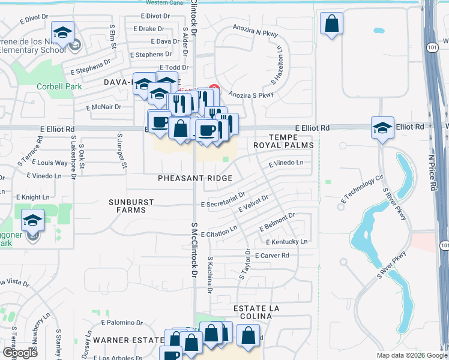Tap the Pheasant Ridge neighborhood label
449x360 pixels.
click(190, 178)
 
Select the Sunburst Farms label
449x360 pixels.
click(131, 206)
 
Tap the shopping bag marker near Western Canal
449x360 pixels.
click(331, 25)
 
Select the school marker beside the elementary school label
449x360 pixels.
click(63, 34)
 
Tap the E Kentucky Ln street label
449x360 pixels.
click(286, 241)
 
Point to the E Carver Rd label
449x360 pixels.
click(272, 256)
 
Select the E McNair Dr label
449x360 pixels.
click(104, 107)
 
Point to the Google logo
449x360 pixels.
click(19, 353)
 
